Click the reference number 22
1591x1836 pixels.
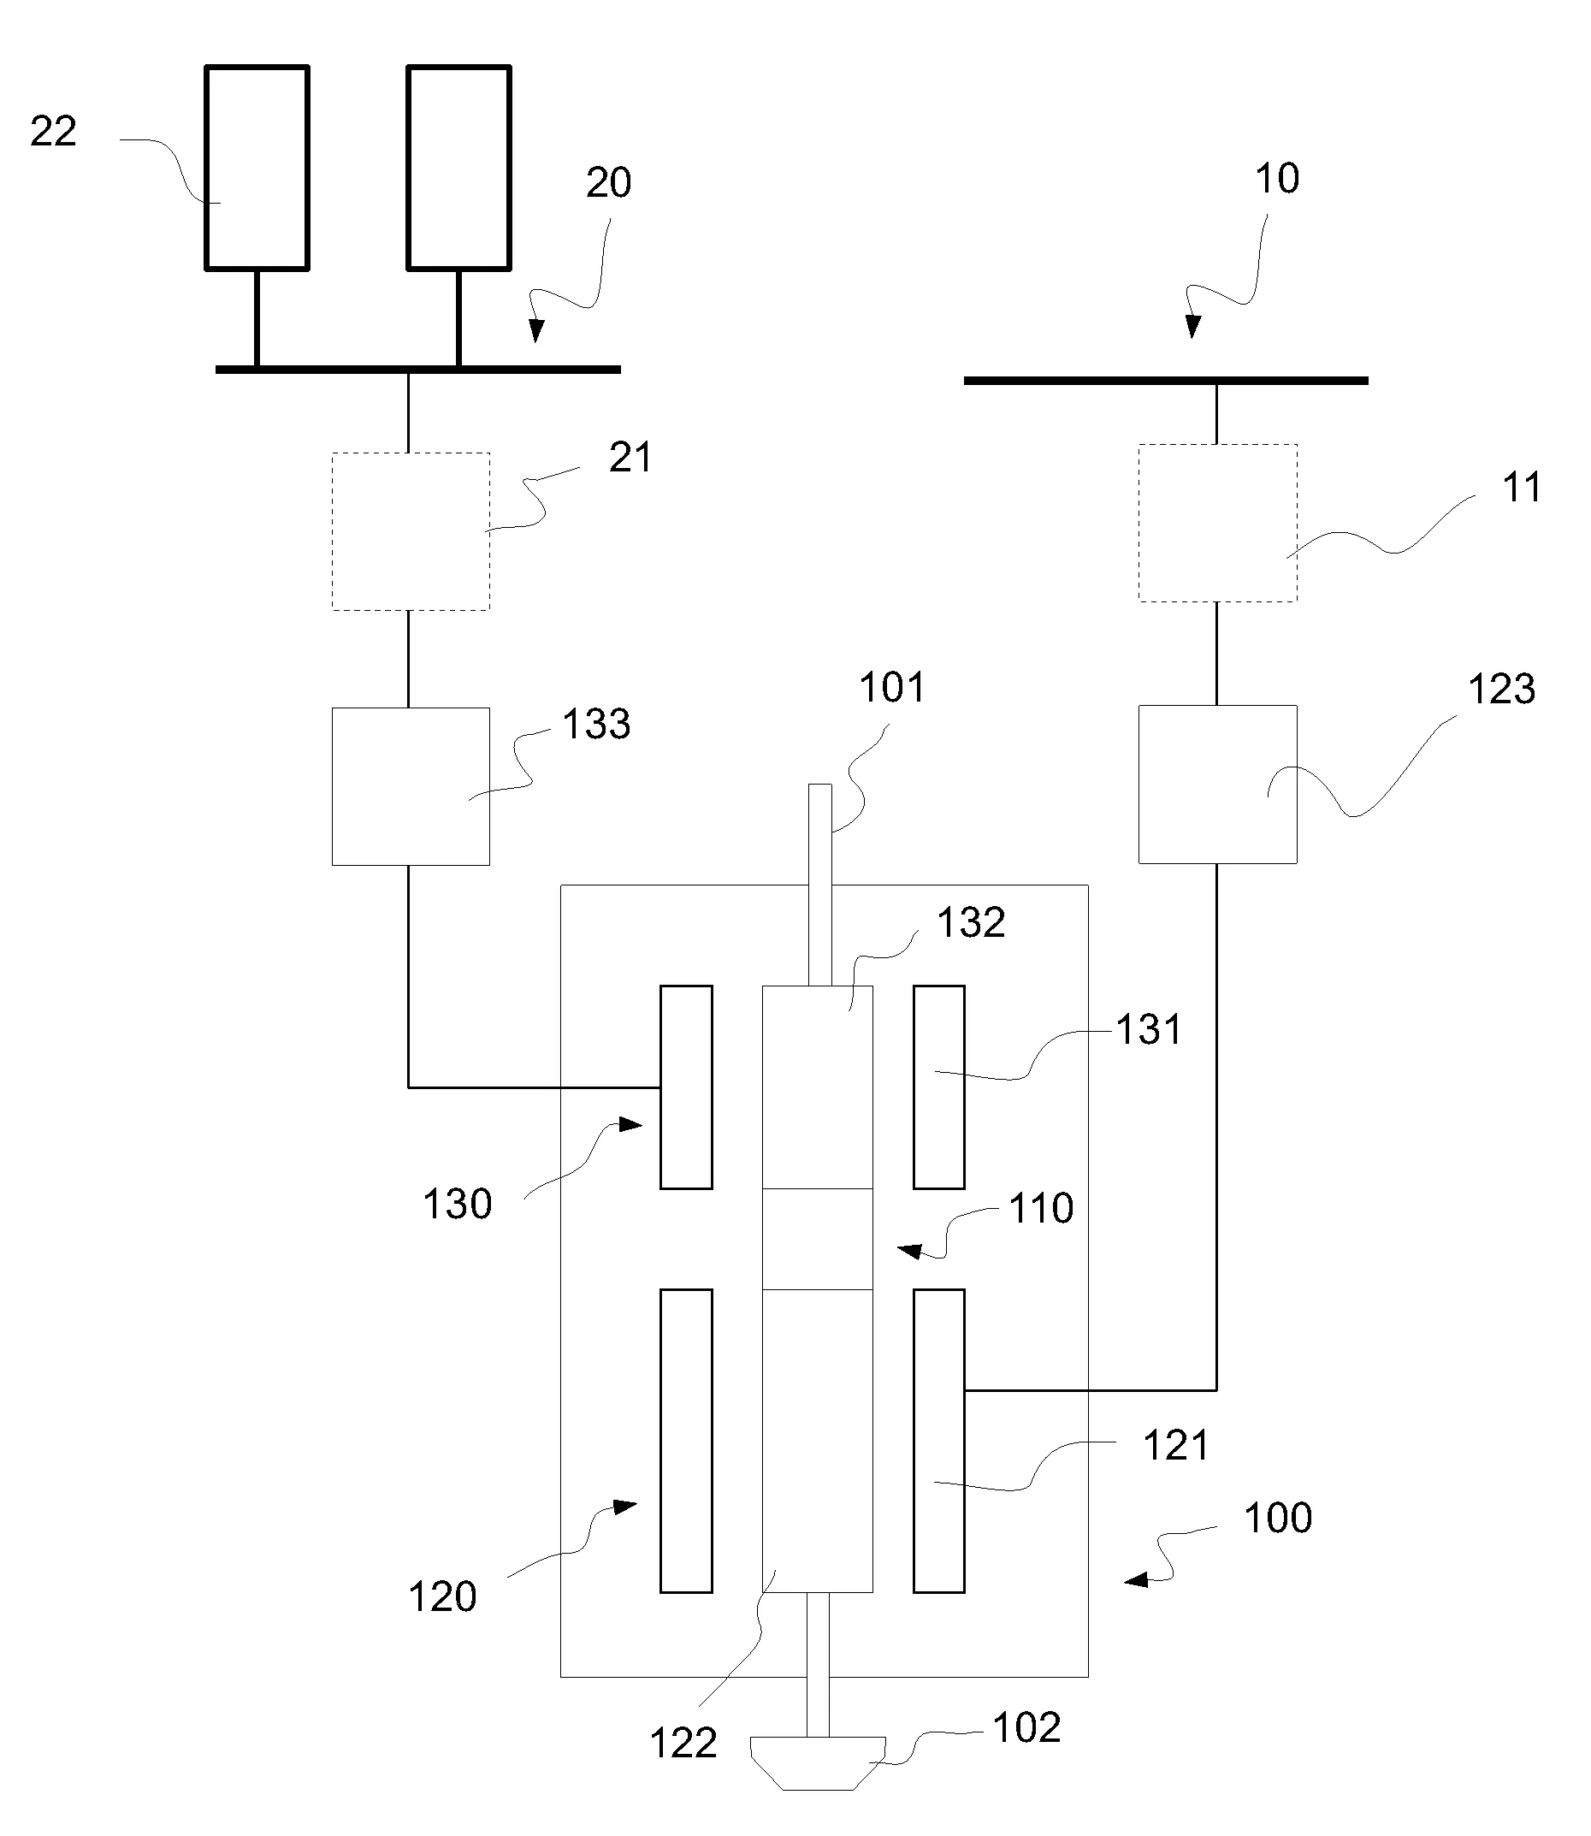53,132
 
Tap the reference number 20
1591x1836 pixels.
608,182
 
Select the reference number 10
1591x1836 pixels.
1277,179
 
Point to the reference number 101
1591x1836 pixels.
891,687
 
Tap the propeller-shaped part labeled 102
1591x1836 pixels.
818,1762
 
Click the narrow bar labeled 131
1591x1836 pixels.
939,1087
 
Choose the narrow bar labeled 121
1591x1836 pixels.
939,1441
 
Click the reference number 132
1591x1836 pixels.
972,922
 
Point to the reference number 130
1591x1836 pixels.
458,1205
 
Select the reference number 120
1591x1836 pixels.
442,1596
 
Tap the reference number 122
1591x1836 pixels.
683,1743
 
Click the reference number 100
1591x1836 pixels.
1278,1517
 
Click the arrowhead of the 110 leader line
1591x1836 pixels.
908,1251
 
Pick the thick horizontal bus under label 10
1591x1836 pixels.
1166,381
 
